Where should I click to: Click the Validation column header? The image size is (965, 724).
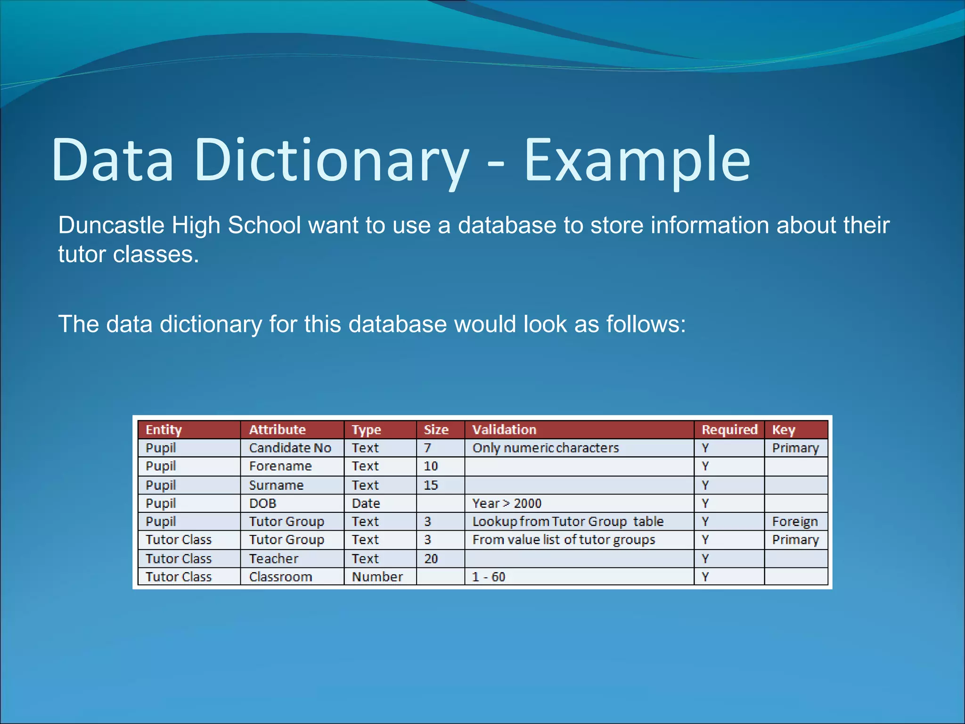(504, 429)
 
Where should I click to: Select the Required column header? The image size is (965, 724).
(729, 429)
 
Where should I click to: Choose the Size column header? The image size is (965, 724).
(436, 429)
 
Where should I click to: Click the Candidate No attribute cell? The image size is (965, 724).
(290, 448)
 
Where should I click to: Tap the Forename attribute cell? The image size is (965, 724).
(280, 466)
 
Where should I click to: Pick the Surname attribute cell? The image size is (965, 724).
(276, 485)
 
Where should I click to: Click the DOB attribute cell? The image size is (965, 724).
(262, 503)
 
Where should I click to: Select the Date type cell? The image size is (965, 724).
(366, 503)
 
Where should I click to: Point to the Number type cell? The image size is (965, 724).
(377, 577)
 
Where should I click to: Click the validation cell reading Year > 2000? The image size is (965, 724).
(507, 503)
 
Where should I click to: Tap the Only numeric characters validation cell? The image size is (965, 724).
(545, 448)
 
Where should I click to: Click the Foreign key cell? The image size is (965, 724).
(795, 522)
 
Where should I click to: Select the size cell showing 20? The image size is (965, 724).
(431, 559)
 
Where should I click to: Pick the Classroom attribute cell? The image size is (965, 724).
(280, 577)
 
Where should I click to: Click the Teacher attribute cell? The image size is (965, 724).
(274, 559)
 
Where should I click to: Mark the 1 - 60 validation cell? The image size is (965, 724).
(489, 577)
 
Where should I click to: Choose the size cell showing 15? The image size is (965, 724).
(431, 485)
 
